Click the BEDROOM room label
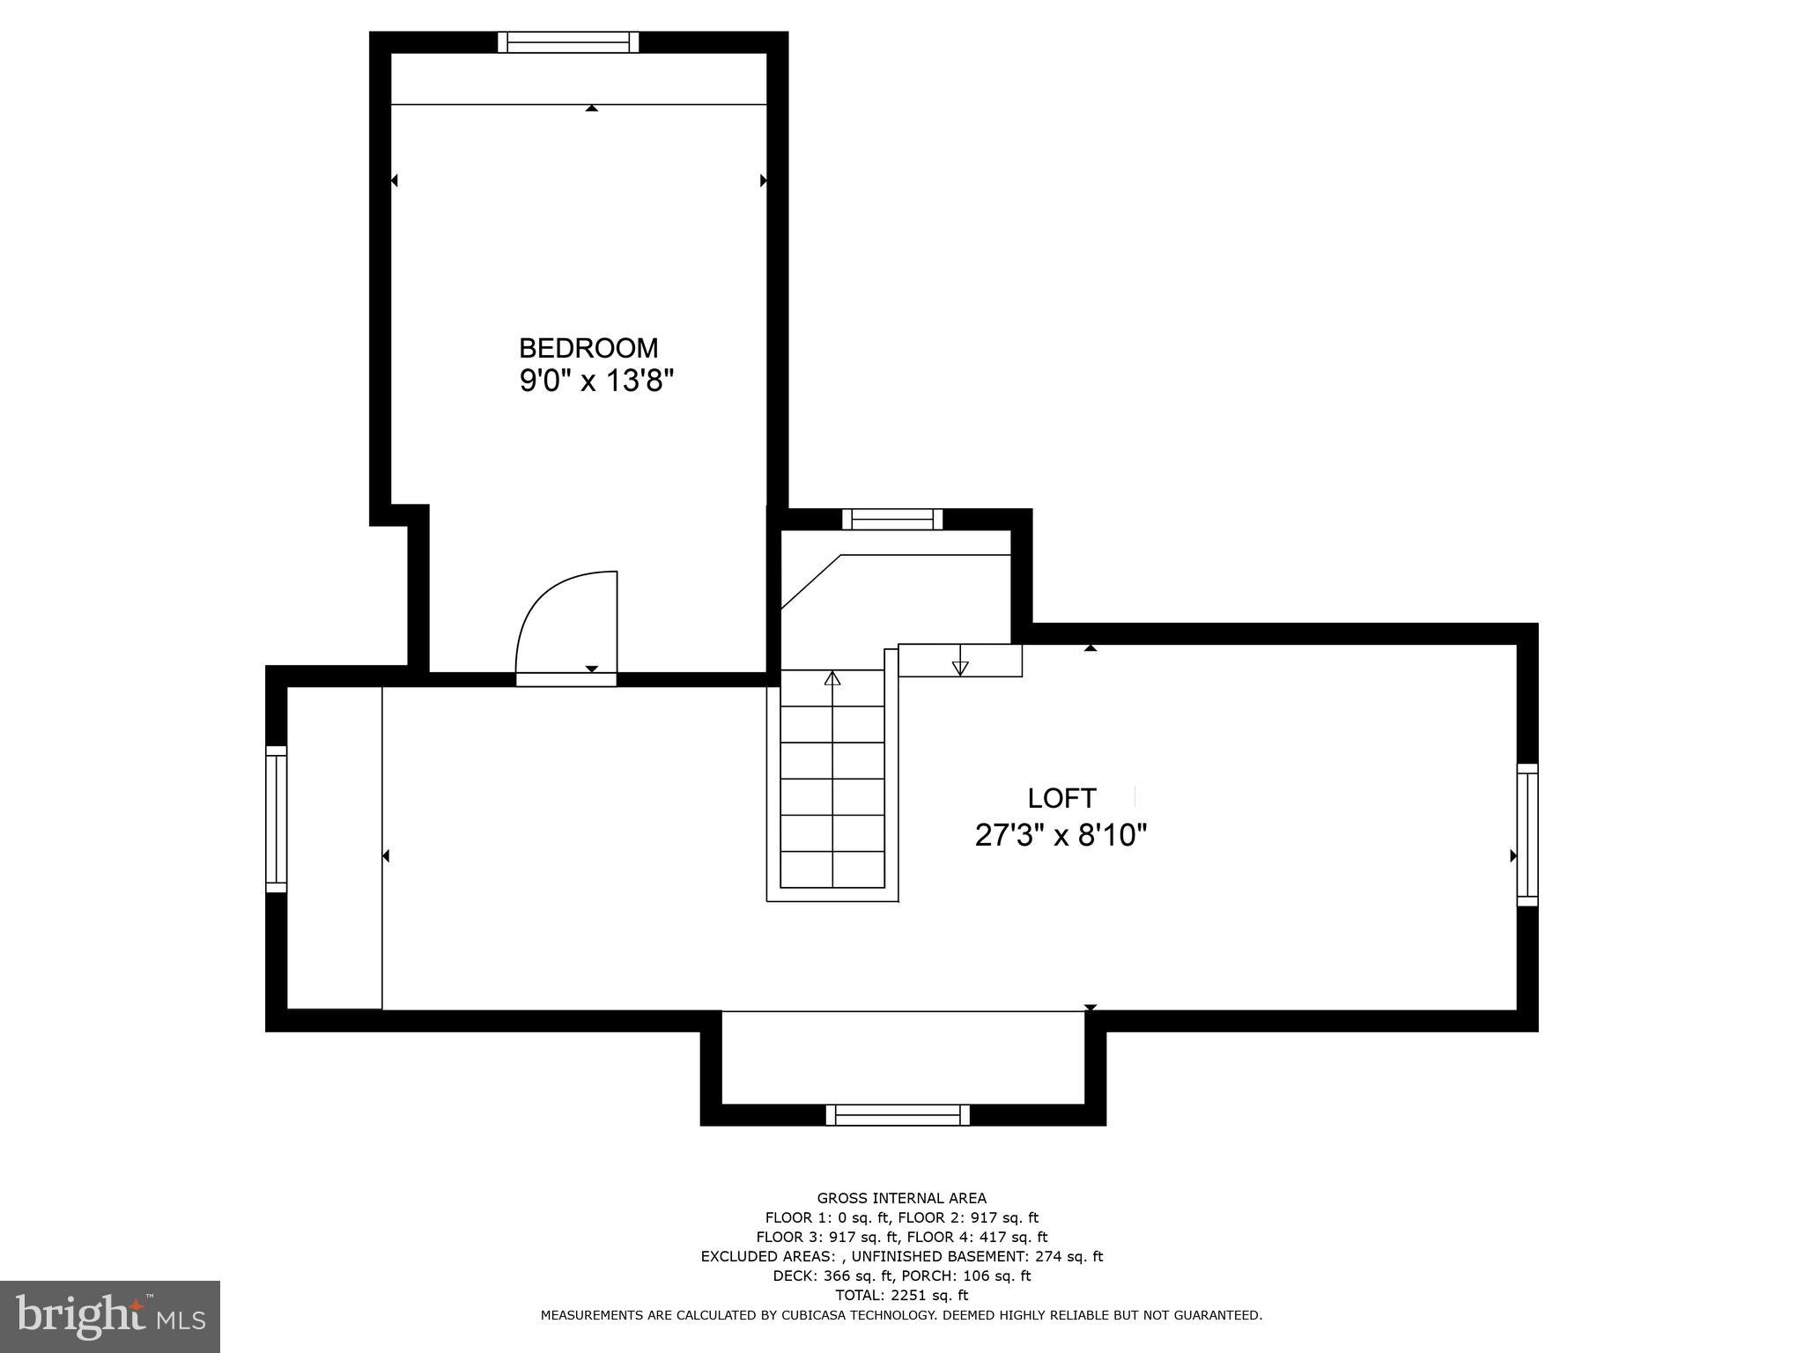click(x=588, y=348)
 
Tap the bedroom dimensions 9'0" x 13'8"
click(x=596, y=381)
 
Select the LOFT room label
click(x=1061, y=798)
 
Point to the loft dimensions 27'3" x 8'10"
click(x=1061, y=835)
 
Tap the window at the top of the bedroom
click(x=567, y=42)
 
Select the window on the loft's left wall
click(x=276, y=819)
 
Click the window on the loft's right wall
click(x=1527, y=835)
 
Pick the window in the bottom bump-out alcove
click(x=897, y=1115)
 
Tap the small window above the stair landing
click(x=891, y=519)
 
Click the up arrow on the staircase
click(x=832, y=678)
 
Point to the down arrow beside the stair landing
click(x=960, y=667)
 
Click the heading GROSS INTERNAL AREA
click(x=901, y=1198)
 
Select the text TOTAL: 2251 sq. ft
click(x=901, y=1295)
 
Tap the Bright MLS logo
click(x=109, y=1316)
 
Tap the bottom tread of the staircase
click(x=832, y=869)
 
